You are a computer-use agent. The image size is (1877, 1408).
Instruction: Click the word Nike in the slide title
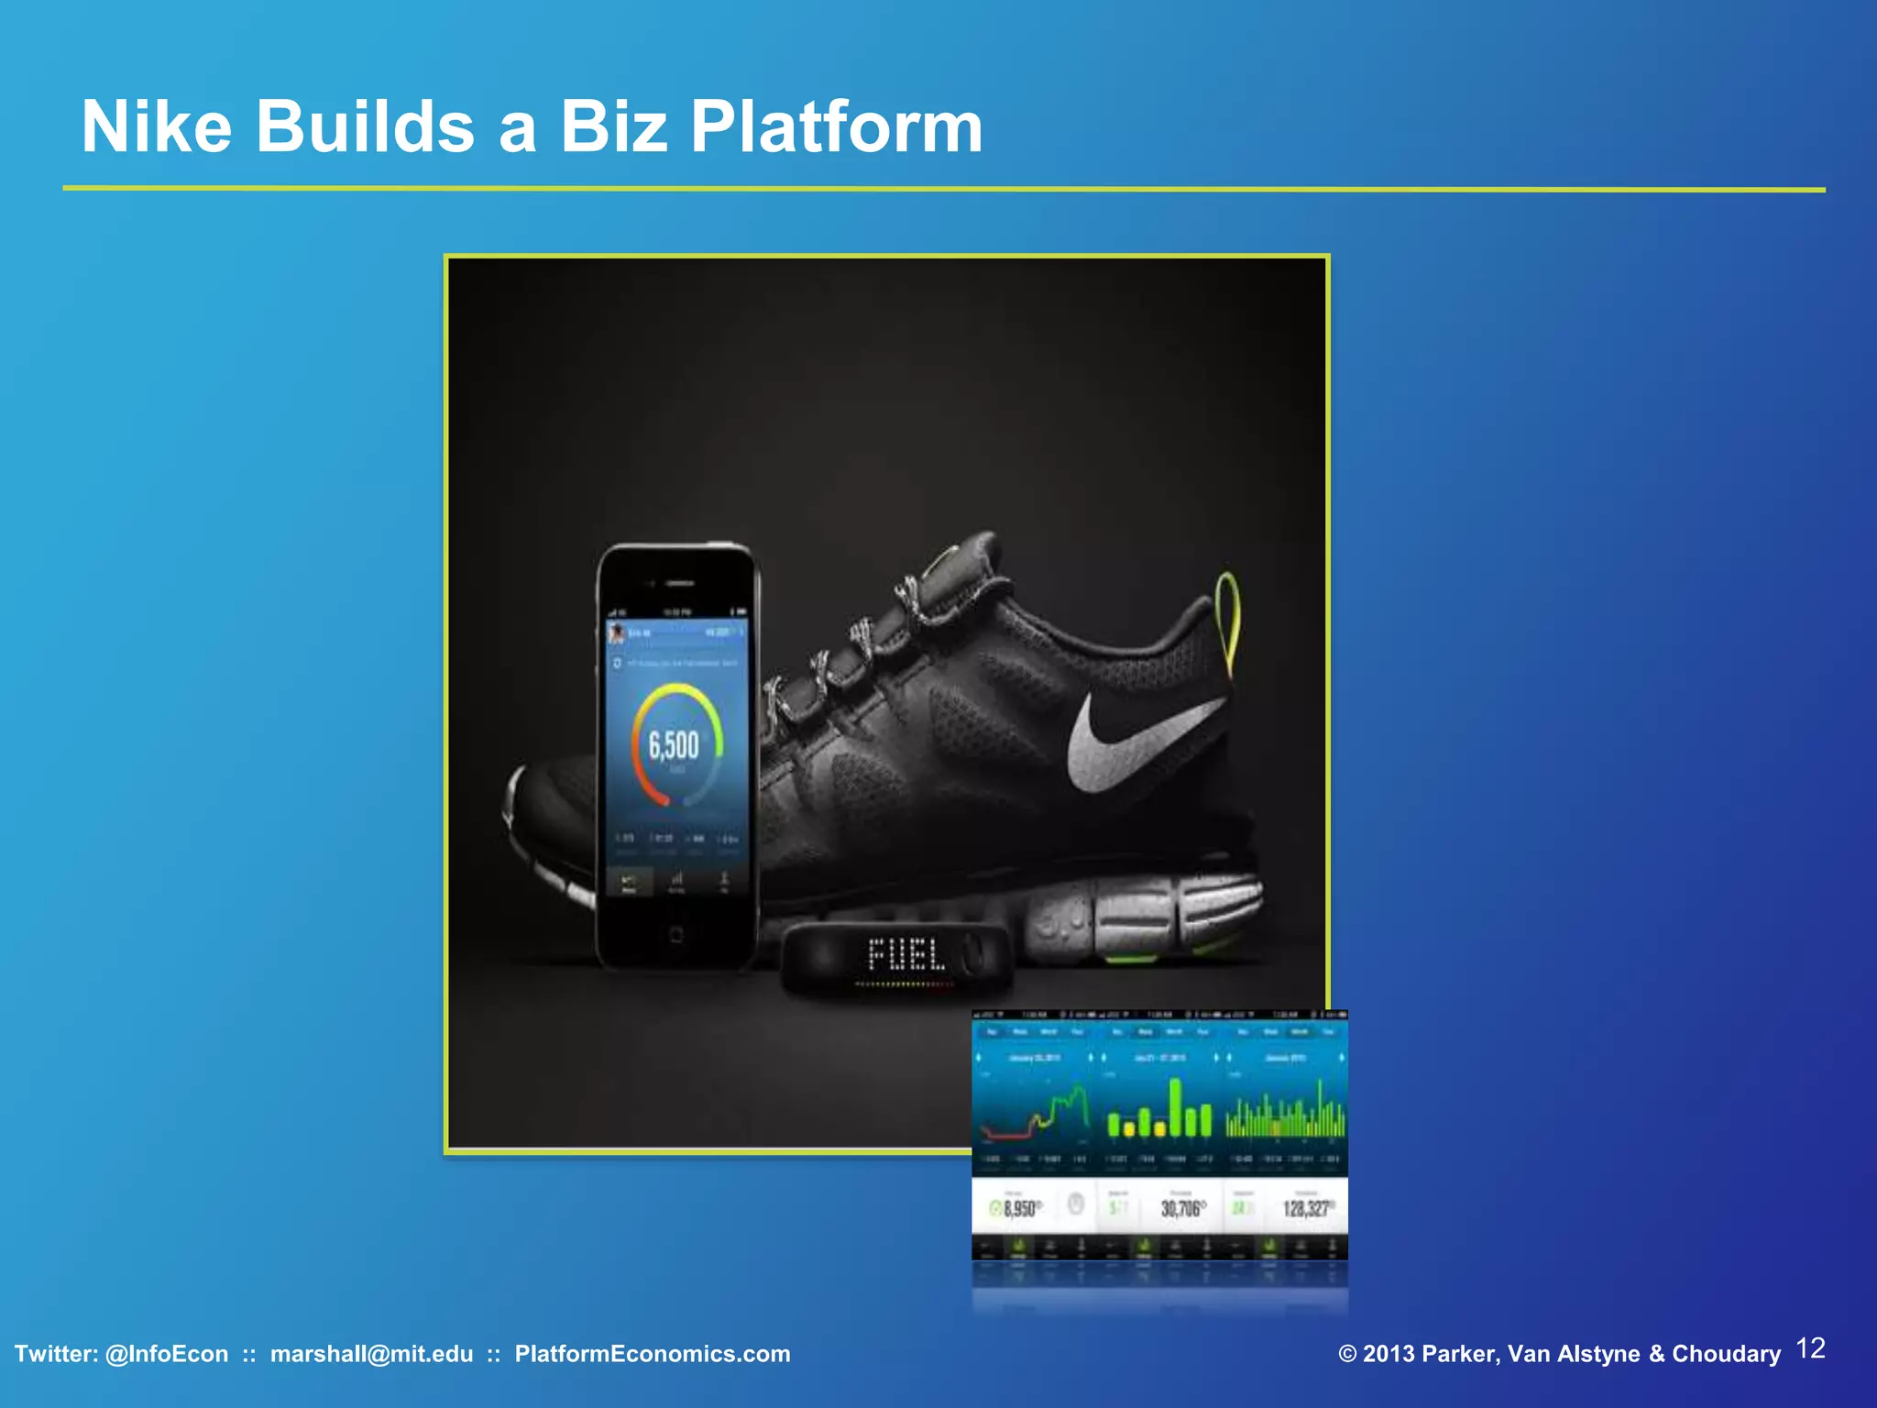pyautogui.click(x=157, y=126)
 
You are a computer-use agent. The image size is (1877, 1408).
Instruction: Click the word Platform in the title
pyautogui.click(x=836, y=126)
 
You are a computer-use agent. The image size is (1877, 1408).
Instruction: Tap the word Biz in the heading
pyautogui.click(x=613, y=126)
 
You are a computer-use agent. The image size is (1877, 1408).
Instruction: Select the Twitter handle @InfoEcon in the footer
pyautogui.click(x=167, y=1354)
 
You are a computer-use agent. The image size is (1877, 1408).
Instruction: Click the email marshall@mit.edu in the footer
pyautogui.click(x=371, y=1354)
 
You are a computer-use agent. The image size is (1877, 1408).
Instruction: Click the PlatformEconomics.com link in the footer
pyautogui.click(x=652, y=1354)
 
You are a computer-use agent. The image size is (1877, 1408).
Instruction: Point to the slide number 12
pyautogui.click(x=1810, y=1348)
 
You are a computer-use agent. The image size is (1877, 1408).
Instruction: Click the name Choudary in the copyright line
pyautogui.click(x=1726, y=1354)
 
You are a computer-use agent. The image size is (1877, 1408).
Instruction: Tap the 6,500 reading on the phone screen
pyautogui.click(x=674, y=745)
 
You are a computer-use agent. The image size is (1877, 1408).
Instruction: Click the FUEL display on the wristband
pyautogui.click(x=906, y=955)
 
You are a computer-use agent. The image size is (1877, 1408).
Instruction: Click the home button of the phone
pyautogui.click(x=675, y=935)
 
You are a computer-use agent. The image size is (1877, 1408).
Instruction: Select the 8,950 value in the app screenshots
pyautogui.click(x=1020, y=1209)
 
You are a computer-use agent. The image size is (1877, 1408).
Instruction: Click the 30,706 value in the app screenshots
pyautogui.click(x=1180, y=1209)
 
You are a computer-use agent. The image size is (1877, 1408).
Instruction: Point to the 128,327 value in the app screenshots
pyautogui.click(x=1306, y=1209)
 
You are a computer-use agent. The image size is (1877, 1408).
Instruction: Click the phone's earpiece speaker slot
pyautogui.click(x=679, y=583)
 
